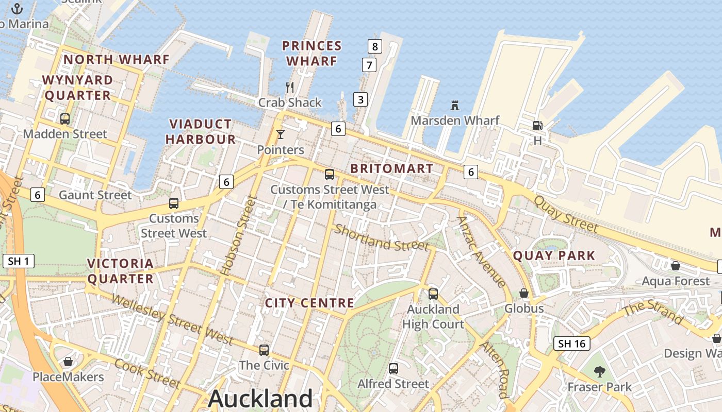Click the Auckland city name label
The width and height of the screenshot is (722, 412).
(x=260, y=399)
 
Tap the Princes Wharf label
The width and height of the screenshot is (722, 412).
(x=312, y=54)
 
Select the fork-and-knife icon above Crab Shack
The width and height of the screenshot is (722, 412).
(x=290, y=88)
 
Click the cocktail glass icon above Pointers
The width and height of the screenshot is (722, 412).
(x=281, y=135)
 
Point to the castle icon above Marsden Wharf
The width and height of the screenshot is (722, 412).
(x=455, y=106)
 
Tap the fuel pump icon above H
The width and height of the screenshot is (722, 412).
(x=537, y=125)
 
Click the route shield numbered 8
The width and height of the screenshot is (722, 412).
(x=375, y=46)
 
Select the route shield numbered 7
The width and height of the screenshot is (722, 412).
(x=369, y=65)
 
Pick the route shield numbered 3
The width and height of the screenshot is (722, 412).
(x=360, y=99)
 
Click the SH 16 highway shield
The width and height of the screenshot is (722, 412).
(x=572, y=344)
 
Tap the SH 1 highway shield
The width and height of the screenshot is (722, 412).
(x=18, y=261)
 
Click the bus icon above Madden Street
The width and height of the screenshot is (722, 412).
(x=65, y=119)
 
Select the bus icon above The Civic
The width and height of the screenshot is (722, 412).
(x=264, y=350)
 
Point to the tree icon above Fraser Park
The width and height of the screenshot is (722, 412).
(x=599, y=371)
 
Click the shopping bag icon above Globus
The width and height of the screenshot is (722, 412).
(x=524, y=294)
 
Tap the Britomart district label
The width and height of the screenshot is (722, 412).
(x=392, y=168)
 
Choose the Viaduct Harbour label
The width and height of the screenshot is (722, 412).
(x=201, y=131)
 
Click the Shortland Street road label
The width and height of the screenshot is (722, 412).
(x=382, y=237)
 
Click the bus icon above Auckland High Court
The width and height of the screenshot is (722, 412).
(x=433, y=294)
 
